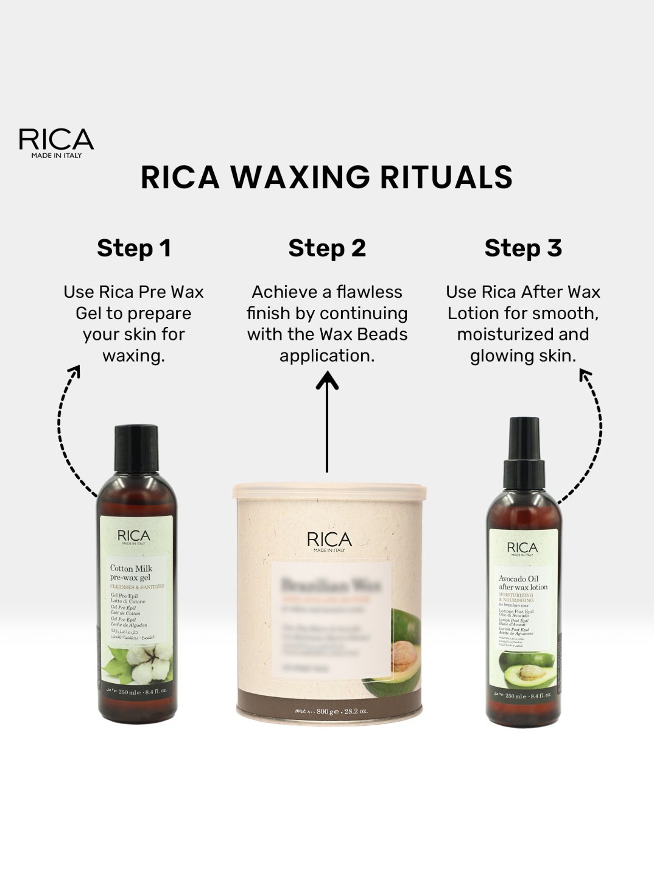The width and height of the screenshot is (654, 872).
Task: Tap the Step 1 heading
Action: [x=134, y=248]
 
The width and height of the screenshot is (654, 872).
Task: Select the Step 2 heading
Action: [x=327, y=248]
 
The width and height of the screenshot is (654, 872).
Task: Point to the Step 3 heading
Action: [x=523, y=248]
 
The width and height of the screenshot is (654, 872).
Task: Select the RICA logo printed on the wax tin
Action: [x=329, y=541]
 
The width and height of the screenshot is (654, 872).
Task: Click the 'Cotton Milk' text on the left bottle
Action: [x=131, y=568]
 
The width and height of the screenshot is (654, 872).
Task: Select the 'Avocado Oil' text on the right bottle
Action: [x=518, y=579]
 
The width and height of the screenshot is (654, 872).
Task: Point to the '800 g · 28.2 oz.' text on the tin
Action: [x=342, y=712]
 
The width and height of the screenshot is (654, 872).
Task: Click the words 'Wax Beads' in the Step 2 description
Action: [x=363, y=334]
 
